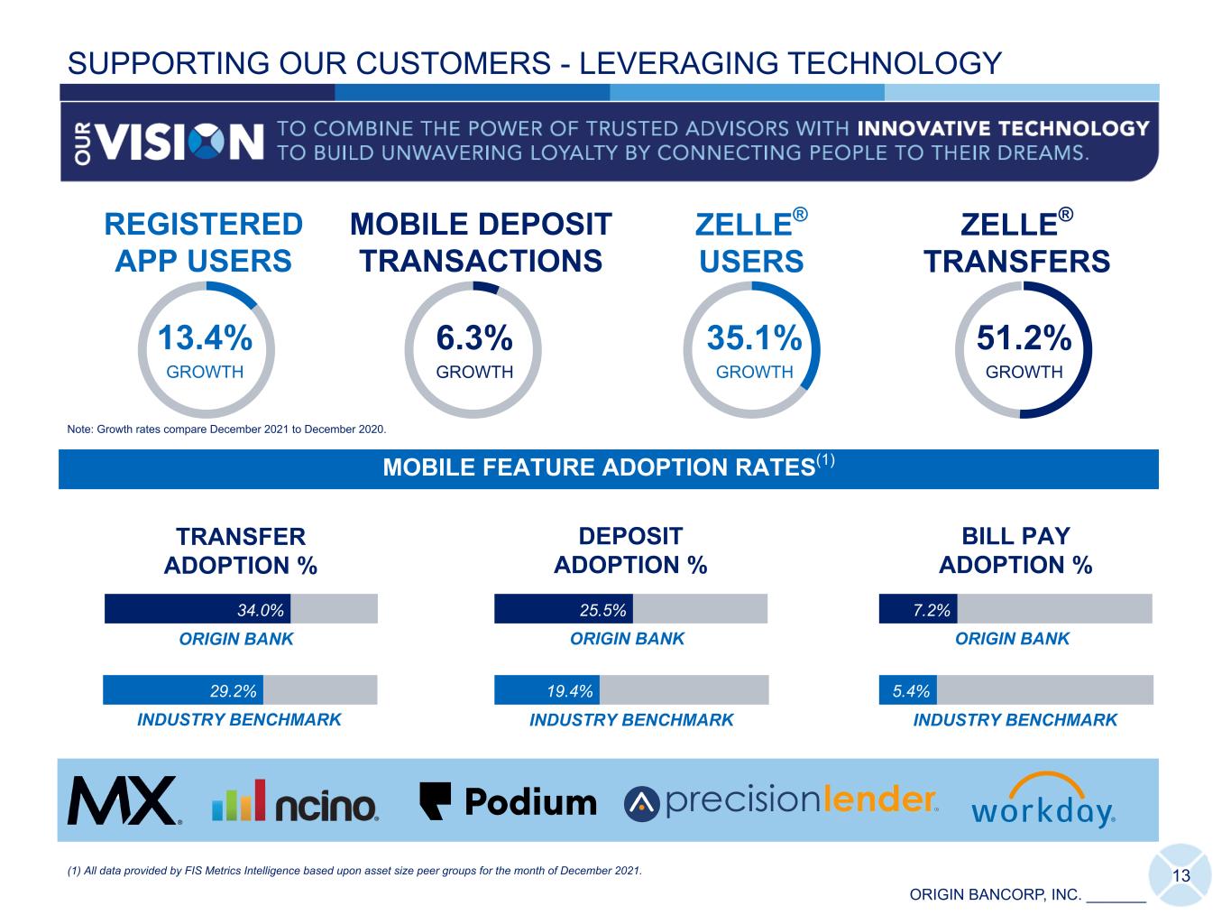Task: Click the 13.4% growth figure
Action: click(x=205, y=337)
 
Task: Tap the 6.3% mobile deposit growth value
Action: click(x=474, y=337)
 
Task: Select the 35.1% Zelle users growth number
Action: click(x=754, y=337)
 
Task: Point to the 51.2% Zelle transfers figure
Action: click(x=1024, y=337)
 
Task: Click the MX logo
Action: click(x=124, y=800)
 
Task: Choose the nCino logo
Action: click(x=295, y=800)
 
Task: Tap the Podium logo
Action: click(x=508, y=801)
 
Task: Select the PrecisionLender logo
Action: click(x=781, y=801)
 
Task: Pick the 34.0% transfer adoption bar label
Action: click(x=261, y=610)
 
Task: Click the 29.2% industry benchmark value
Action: click(x=233, y=690)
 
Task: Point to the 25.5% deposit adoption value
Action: click(x=602, y=610)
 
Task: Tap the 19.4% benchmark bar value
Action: click(x=569, y=690)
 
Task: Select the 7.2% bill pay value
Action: click(x=932, y=610)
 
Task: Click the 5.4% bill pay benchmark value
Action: click(x=911, y=690)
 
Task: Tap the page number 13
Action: click(x=1181, y=876)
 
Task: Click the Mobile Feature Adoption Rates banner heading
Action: click(x=609, y=467)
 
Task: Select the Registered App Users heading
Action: click(x=204, y=243)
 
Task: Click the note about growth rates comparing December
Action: click(x=226, y=430)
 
